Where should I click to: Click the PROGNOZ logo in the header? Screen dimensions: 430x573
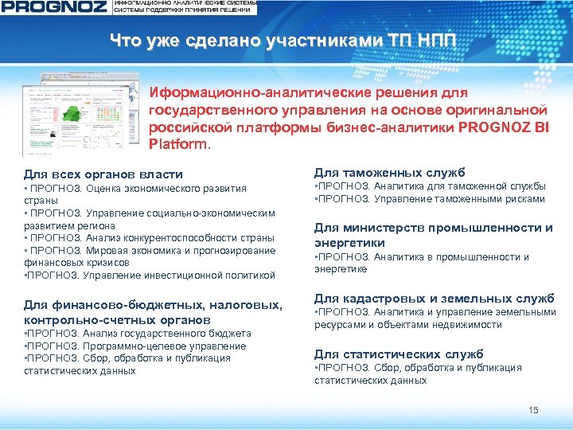click(53, 8)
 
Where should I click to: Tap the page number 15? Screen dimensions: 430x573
click(533, 410)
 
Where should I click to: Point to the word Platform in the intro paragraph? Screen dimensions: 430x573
click(178, 145)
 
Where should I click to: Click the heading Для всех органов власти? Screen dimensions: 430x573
click(103, 174)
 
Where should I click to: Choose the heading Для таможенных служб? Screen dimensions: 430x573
click(389, 172)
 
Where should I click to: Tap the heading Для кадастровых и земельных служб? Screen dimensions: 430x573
click(434, 298)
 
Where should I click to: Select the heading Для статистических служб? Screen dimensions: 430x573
click(398, 354)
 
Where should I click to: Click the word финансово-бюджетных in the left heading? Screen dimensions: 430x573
click(139, 305)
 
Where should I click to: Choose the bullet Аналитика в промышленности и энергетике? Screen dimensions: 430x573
click(422, 263)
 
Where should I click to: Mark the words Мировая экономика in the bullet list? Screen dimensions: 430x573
click(127, 250)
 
